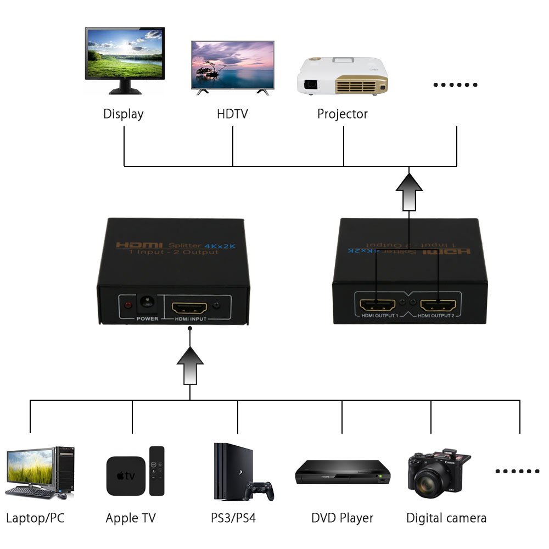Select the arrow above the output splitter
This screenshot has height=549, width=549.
(x=409, y=192)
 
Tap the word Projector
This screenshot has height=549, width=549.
(x=343, y=114)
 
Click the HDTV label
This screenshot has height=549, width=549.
(x=232, y=114)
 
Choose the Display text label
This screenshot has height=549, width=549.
(x=124, y=114)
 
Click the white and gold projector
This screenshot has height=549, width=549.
(x=342, y=76)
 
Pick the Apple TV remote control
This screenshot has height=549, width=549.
(x=156, y=470)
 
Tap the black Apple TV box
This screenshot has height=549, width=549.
(x=126, y=475)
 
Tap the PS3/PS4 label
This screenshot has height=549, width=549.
(x=233, y=518)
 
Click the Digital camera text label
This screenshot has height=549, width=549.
(x=446, y=518)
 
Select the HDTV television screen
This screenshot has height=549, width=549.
(x=232, y=63)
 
